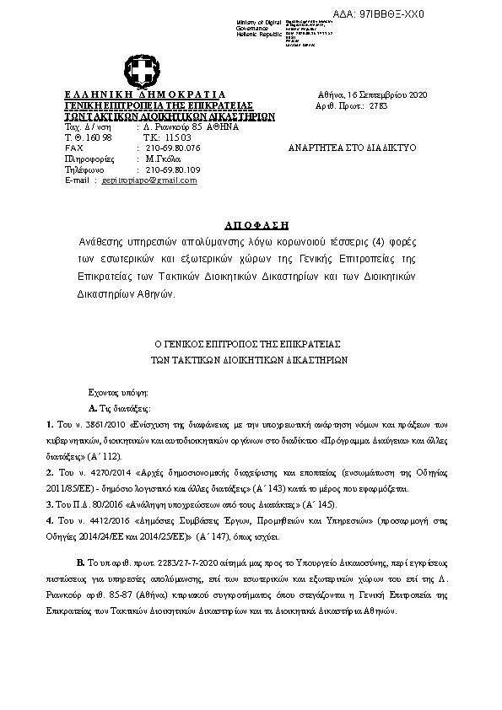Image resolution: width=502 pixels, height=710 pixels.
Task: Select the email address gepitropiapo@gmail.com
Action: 148,180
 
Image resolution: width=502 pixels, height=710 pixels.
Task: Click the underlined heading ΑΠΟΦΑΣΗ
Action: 257,226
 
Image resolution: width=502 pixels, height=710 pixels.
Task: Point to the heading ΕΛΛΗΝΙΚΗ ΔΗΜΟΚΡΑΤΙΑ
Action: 145,94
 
